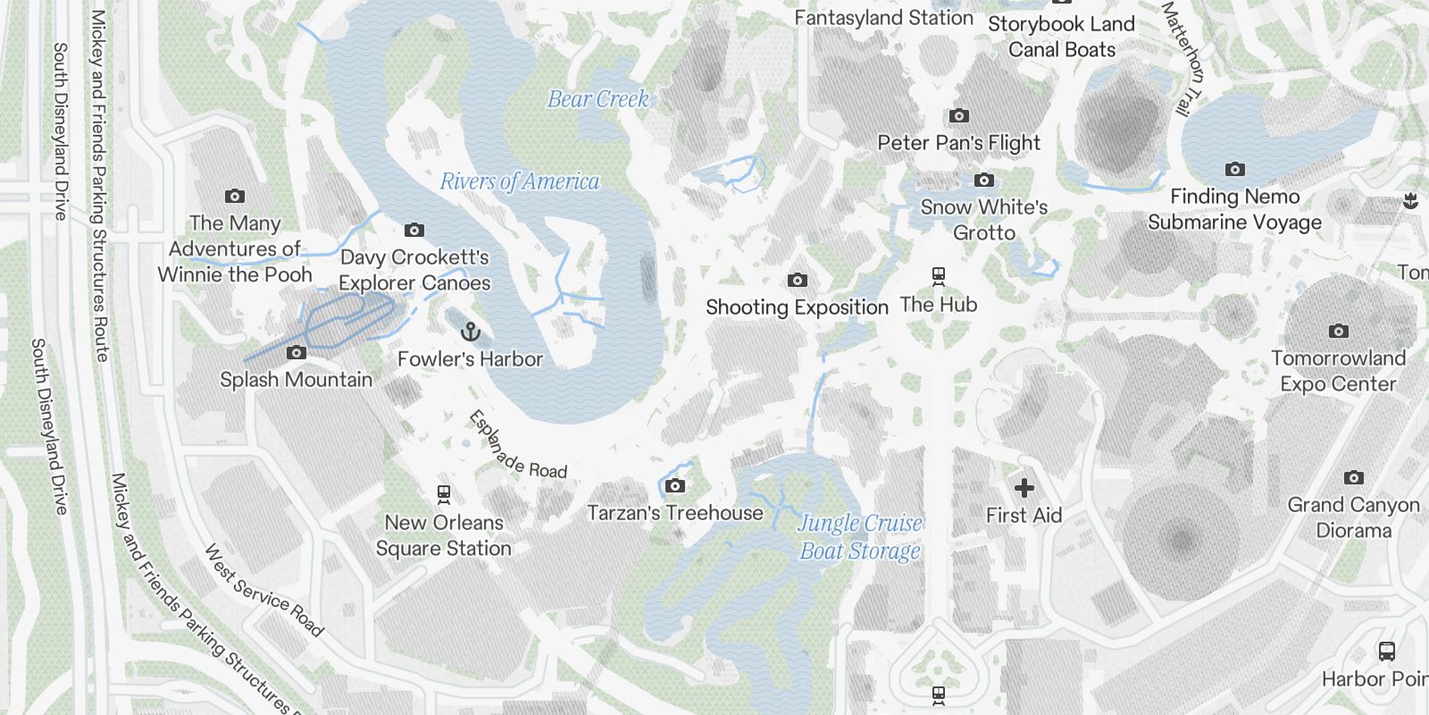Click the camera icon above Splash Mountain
click(296, 353)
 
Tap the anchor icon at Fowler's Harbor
click(470, 332)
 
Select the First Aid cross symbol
click(1024, 488)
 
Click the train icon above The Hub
click(938, 276)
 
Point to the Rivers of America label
click(519, 181)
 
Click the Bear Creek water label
click(598, 99)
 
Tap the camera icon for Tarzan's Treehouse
click(675, 486)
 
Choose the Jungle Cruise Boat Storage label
click(859, 536)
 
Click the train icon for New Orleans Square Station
click(443, 493)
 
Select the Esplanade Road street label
click(517, 445)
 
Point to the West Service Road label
click(263, 590)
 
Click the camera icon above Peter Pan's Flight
click(958, 116)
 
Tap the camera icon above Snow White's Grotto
click(983, 181)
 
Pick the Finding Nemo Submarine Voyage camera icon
click(1234, 170)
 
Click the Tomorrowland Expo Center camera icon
click(1338, 332)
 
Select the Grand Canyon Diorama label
click(1353, 517)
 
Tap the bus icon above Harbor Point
click(1386, 652)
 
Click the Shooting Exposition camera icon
click(797, 281)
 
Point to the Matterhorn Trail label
click(1183, 59)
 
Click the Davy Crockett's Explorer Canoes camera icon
click(414, 231)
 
